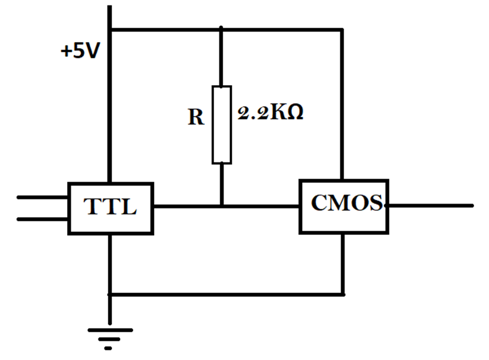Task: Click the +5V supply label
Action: (79, 51)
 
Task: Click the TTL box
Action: (109, 208)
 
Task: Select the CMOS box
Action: (343, 206)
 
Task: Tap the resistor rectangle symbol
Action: (221, 124)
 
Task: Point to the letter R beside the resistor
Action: (195, 117)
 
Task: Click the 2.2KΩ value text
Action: (270, 114)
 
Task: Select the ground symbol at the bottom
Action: (109, 336)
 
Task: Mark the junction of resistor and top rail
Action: (221, 29)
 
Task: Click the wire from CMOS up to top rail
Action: (343, 103)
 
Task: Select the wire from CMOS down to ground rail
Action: (343, 263)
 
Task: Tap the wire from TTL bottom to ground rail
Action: (109, 263)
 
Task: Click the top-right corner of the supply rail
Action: (343, 29)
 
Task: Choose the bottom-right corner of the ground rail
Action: (343, 295)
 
